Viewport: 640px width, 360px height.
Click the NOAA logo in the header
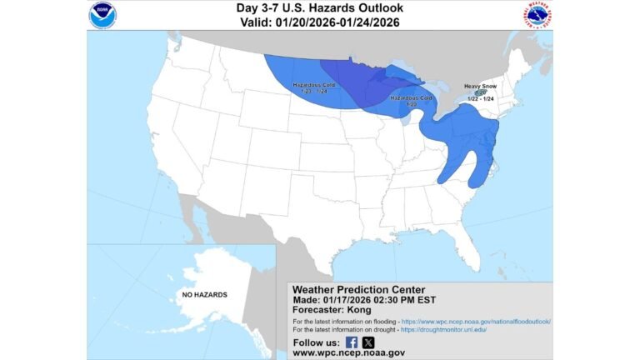tap(103, 14)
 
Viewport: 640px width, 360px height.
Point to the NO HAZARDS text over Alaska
tap(204, 295)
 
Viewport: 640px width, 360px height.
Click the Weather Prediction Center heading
tap(358, 289)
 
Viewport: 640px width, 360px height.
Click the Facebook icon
tap(351, 342)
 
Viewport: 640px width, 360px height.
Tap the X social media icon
tap(368, 342)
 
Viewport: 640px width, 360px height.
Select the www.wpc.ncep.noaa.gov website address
tap(348, 353)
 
